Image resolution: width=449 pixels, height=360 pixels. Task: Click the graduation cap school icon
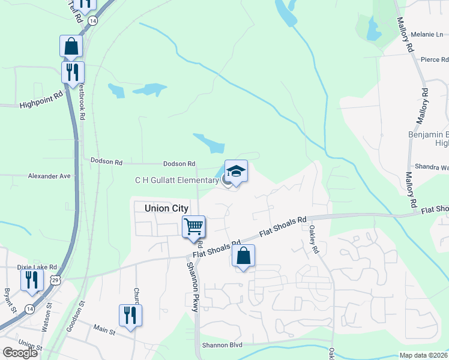(236, 172)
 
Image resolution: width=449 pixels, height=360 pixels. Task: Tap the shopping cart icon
(193, 227)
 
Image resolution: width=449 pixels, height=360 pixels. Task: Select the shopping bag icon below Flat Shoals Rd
(243, 256)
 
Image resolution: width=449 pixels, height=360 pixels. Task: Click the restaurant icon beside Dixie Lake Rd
(32, 280)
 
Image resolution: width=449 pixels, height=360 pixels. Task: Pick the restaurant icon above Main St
(130, 315)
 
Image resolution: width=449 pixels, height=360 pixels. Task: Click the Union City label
(166, 208)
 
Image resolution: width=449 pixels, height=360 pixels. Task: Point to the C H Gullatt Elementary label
(176, 180)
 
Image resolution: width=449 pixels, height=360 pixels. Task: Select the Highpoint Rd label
(41, 103)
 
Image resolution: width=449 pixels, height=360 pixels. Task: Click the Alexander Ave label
(49, 176)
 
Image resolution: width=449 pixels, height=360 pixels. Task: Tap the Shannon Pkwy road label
(192, 287)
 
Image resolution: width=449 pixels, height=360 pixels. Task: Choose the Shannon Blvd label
(222, 345)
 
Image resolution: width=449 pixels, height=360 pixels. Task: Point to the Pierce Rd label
(435, 60)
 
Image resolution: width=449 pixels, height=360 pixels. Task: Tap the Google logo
(20, 352)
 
